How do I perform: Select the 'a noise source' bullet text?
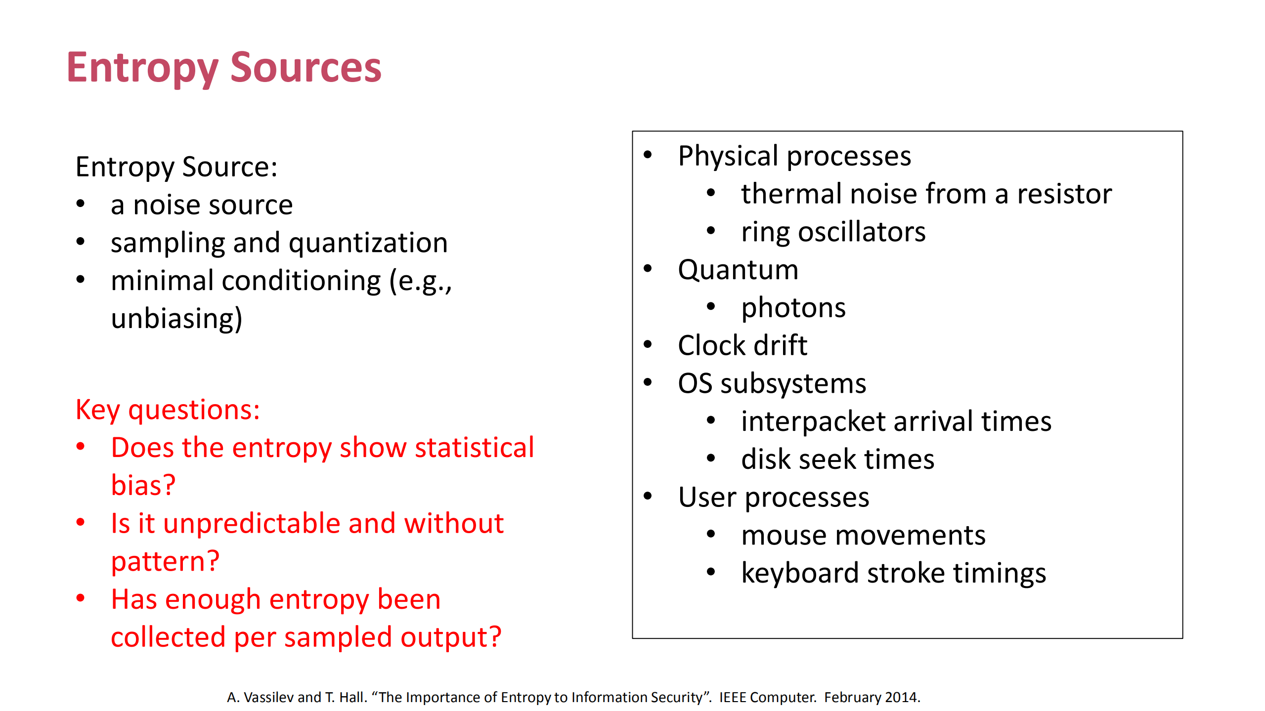(x=201, y=205)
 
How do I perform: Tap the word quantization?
(x=368, y=243)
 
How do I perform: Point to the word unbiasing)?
(x=176, y=318)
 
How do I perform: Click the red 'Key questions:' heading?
(x=168, y=410)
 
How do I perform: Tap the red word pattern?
(x=165, y=561)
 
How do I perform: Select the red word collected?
(x=168, y=637)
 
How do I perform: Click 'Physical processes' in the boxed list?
(x=794, y=156)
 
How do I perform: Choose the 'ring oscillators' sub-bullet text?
(x=833, y=232)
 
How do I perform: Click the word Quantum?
(x=738, y=270)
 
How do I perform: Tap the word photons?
(x=793, y=308)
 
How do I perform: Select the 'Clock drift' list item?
(x=742, y=345)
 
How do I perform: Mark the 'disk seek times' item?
(x=837, y=460)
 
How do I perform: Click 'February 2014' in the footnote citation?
(x=872, y=697)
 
